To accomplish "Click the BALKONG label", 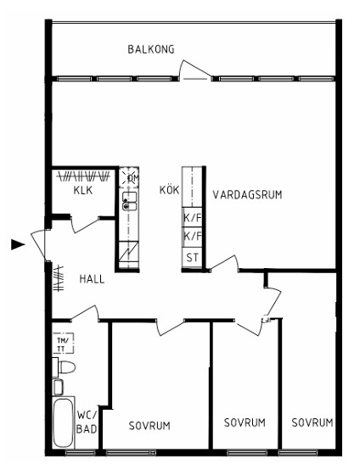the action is click(x=151, y=49).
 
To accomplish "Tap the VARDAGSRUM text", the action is click(x=247, y=195).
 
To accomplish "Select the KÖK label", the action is click(x=169, y=190).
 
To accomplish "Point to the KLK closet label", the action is click(x=83, y=190).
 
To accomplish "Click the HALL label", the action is click(x=92, y=279).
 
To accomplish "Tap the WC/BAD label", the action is click(x=87, y=422).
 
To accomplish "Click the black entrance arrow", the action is click(x=18, y=244).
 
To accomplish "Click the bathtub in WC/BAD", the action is click(x=63, y=422).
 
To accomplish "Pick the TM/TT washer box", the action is click(x=63, y=344).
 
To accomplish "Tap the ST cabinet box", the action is click(x=192, y=258).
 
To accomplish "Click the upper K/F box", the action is click(x=192, y=217).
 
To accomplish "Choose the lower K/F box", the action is click(x=192, y=238).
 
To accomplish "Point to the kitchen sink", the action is click(x=130, y=201).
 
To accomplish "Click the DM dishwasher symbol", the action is click(x=129, y=177).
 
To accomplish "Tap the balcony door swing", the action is click(x=194, y=70).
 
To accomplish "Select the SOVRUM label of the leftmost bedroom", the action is click(x=149, y=426).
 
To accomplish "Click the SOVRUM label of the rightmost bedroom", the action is click(x=312, y=422).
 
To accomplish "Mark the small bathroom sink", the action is click(x=58, y=387).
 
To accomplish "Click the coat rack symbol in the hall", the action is click(x=59, y=278).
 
